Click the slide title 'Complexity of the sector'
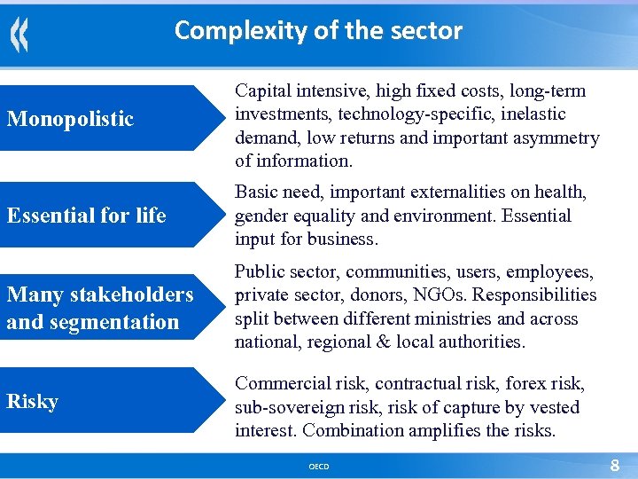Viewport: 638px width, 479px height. pyautogui.click(x=318, y=31)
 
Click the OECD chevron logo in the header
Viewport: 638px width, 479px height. pyautogui.click(x=19, y=35)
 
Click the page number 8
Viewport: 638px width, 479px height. pyautogui.click(x=615, y=465)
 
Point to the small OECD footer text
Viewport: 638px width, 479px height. pyautogui.click(x=318, y=466)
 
